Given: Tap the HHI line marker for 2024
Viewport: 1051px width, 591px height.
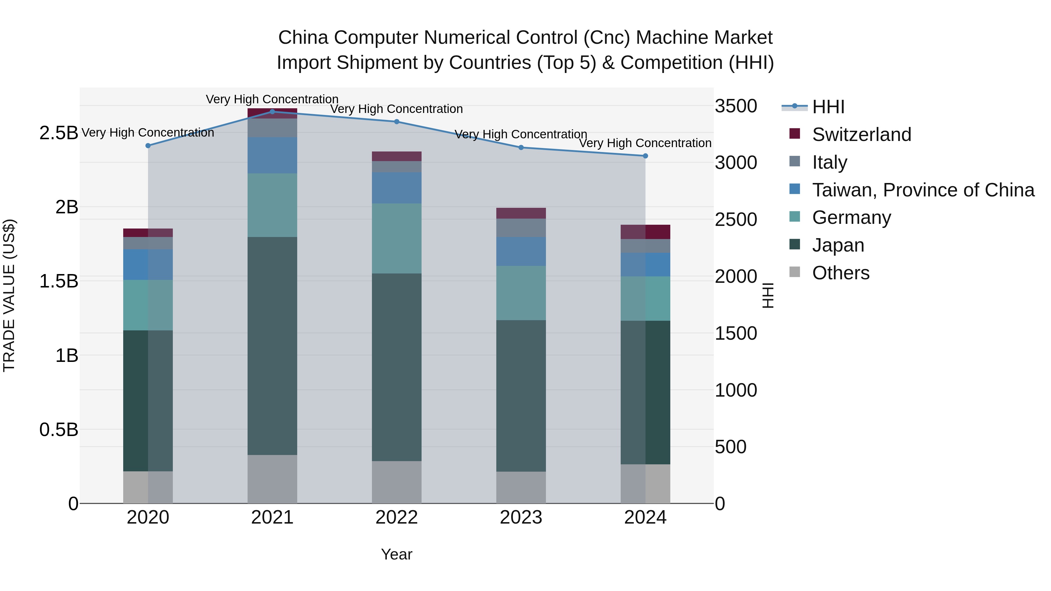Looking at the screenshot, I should (645, 156).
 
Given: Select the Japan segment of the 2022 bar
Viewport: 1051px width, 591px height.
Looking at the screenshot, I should (396, 367).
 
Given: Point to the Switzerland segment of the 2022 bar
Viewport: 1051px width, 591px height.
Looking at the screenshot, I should (396, 156).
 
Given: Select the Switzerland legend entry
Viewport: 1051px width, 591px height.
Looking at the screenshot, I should (861, 135).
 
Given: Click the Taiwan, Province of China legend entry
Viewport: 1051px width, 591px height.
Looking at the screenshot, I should (923, 190).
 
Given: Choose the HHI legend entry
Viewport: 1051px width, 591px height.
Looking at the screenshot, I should (828, 107).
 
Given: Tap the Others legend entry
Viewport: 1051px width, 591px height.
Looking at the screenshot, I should (841, 273).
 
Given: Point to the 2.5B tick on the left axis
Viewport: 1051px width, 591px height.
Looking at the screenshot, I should (58, 133).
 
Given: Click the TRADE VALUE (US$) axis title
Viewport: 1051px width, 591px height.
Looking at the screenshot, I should (9, 295).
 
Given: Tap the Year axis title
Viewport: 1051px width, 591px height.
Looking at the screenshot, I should (396, 554).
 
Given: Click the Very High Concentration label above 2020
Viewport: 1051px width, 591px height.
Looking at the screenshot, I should (148, 133).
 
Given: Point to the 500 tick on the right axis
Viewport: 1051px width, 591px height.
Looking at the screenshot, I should (730, 447).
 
